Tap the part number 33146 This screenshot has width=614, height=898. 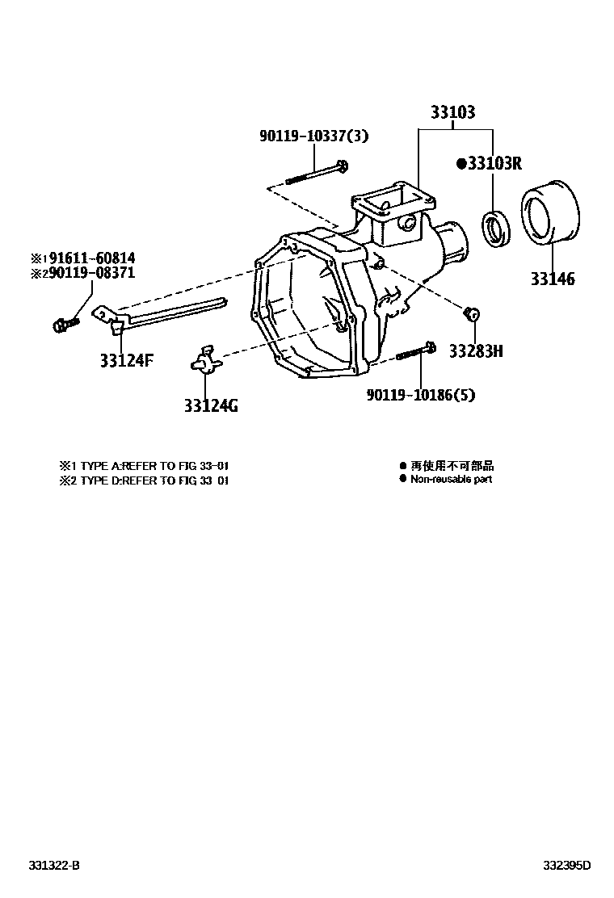click(553, 279)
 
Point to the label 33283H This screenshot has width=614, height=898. click(476, 351)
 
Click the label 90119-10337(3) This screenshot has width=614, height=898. click(313, 136)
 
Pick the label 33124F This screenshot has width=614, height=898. click(127, 360)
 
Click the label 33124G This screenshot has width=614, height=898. click(210, 406)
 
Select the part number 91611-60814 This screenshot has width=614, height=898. click(89, 258)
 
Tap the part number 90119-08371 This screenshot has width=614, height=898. click(89, 275)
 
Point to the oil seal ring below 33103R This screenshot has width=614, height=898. click(494, 227)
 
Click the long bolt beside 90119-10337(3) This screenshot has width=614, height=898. click(316, 174)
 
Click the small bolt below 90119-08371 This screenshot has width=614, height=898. click(65, 325)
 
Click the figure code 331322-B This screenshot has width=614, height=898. click(51, 866)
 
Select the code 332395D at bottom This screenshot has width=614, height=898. click(566, 866)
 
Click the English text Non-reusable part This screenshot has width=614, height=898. click(451, 479)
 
